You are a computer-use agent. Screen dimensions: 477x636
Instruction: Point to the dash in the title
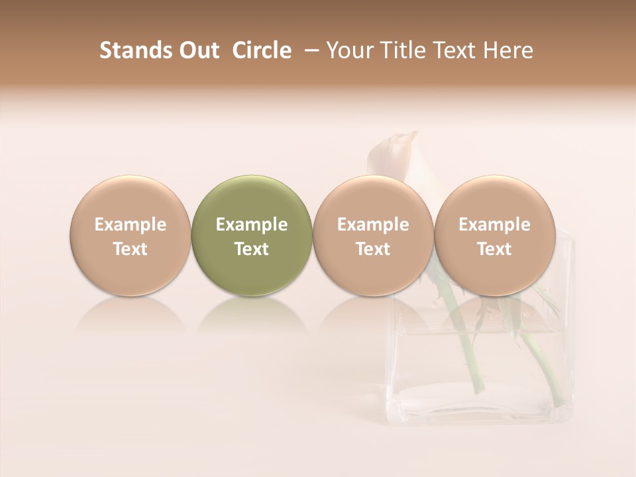pyautogui.click(x=309, y=50)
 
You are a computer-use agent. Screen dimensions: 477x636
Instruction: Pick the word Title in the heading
pyautogui.click(x=400, y=50)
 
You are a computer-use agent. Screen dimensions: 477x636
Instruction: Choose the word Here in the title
pyautogui.click(x=508, y=50)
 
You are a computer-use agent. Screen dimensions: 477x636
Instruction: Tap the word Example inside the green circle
pyautogui.click(x=252, y=225)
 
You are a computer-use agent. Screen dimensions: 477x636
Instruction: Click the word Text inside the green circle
pyautogui.click(x=252, y=249)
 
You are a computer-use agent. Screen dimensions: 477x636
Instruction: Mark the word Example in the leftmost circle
pyautogui.click(x=131, y=225)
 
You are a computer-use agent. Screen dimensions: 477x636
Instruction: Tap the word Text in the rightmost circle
pyautogui.click(x=494, y=249)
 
